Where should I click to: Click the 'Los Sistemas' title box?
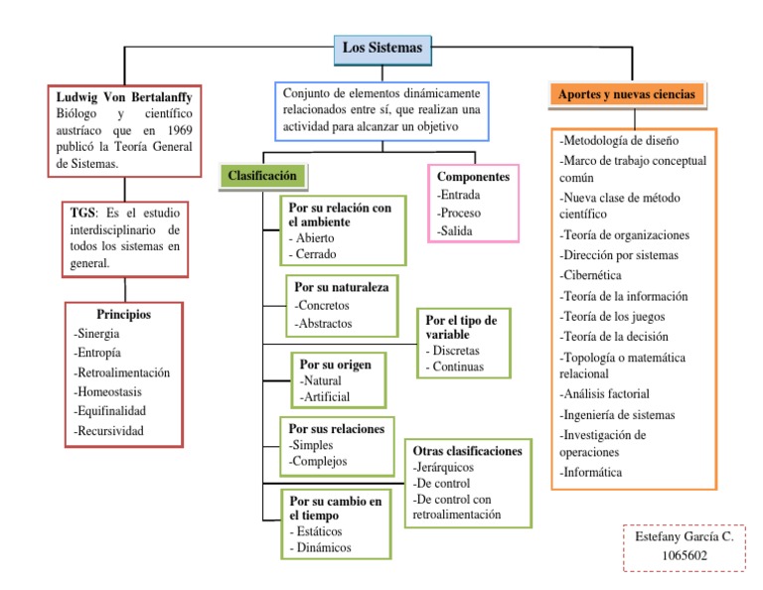click(x=382, y=48)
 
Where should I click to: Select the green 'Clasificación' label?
click(x=262, y=175)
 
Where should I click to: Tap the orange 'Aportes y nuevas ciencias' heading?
click(x=628, y=94)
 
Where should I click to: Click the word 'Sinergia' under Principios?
click(x=96, y=335)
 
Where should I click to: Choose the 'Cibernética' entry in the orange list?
click(x=593, y=276)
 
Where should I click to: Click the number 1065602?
click(x=684, y=556)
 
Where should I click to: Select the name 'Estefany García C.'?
click(x=684, y=536)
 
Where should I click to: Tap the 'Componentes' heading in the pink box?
click(x=473, y=176)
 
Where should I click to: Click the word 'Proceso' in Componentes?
click(x=462, y=214)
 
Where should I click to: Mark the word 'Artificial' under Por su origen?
click(x=326, y=397)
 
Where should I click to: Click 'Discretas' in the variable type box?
click(x=456, y=351)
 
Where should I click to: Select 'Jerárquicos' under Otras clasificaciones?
click(x=446, y=467)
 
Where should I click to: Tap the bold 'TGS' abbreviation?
click(x=83, y=212)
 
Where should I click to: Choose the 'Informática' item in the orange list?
click(x=592, y=472)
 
